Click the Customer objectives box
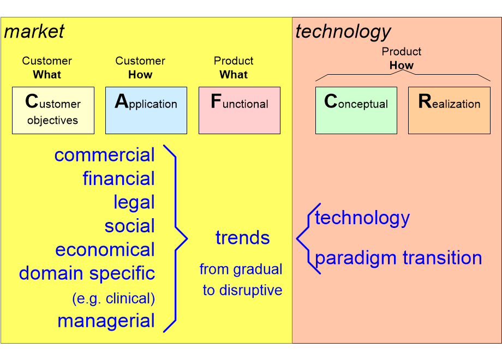[x=53, y=110]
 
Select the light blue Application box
[x=146, y=110]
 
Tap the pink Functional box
[x=239, y=110]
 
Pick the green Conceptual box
[x=356, y=110]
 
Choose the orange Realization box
[x=449, y=110]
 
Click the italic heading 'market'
[x=34, y=32]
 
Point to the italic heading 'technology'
[x=343, y=32]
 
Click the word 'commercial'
[x=104, y=155]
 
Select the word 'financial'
[x=118, y=179]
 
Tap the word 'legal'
[x=134, y=202]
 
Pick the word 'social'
[x=129, y=226]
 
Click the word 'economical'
[x=105, y=250]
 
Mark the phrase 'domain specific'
[x=87, y=273]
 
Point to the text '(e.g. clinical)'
[x=113, y=298]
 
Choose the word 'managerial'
[x=106, y=321]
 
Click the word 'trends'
[x=242, y=238]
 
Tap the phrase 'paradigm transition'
[x=398, y=257]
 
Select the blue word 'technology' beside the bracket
[x=362, y=218]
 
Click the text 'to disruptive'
[x=242, y=290]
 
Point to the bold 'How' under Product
[x=402, y=65]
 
